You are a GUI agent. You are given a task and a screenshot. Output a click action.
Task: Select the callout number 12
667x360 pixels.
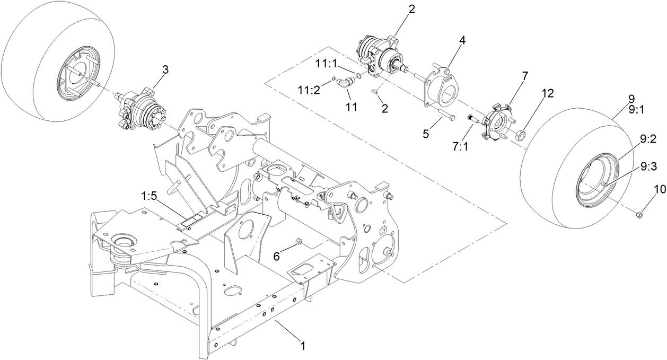tap(547, 93)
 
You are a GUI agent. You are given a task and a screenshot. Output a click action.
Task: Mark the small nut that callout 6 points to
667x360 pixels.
tap(299, 242)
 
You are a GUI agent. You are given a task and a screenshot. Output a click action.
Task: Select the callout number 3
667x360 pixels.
tap(165, 69)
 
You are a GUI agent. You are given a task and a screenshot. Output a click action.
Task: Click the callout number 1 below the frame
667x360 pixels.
tap(303, 346)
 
